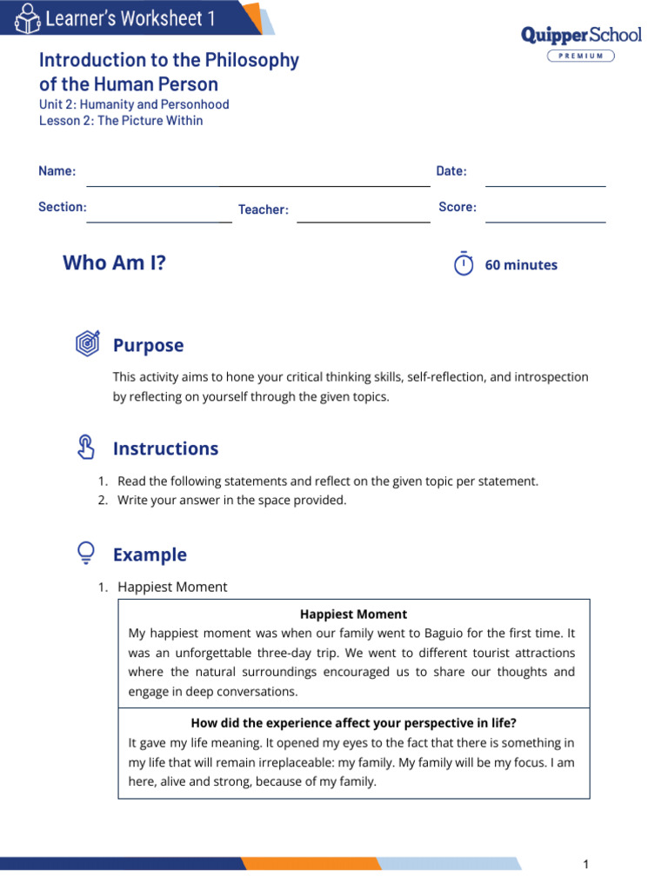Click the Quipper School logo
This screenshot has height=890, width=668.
(x=580, y=35)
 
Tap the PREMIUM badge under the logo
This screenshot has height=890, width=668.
(x=580, y=56)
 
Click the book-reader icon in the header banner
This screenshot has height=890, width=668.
(x=27, y=18)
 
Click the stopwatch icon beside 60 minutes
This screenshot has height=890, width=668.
(x=464, y=264)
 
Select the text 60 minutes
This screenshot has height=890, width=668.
(x=521, y=265)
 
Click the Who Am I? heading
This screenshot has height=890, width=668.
(x=114, y=262)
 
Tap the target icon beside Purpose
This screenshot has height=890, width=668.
(x=87, y=344)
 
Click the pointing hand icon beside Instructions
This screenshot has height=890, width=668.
(x=86, y=448)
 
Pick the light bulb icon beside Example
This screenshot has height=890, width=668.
(x=86, y=553)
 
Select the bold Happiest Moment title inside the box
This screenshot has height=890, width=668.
(x=353, y=614)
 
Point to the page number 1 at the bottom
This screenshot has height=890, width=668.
(x=586, y=864)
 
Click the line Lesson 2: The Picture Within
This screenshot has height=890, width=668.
(x=121, y=121)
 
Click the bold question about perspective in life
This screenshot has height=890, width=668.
(x=353, y=723)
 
